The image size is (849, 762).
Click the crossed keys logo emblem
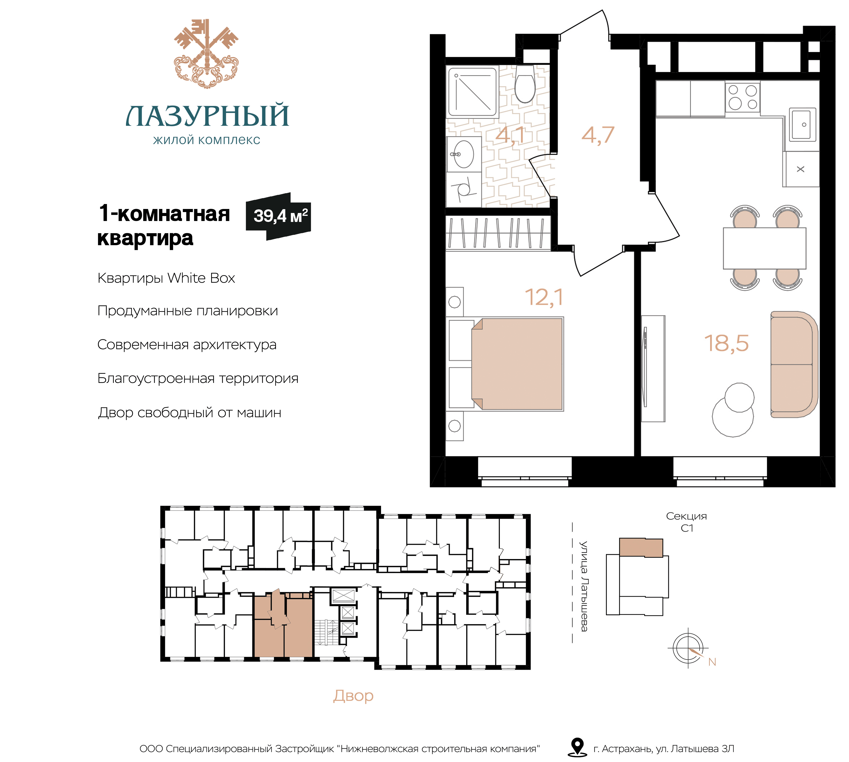pos(206,54)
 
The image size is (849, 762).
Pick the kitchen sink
pos(803,124)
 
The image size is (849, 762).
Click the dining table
pos(764,248)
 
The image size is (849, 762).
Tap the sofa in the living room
pos(794,364)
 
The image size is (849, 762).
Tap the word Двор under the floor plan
pos(353,696)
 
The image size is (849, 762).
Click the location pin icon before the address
pos(578,747)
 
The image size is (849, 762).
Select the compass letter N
pos(712,662)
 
